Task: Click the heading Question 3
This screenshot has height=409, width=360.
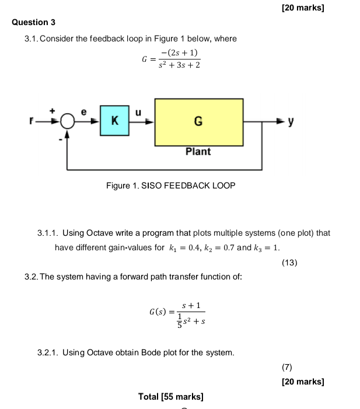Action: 33,22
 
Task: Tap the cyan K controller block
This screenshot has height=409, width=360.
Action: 114,121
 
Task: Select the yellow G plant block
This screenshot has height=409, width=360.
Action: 198,121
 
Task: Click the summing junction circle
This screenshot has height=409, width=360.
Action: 68,122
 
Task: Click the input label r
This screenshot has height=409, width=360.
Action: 34,122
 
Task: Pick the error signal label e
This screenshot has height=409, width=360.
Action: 83,111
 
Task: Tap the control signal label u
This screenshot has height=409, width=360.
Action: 139,111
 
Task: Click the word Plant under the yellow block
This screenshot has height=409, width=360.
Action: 198,152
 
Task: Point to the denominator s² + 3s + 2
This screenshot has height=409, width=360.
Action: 179,65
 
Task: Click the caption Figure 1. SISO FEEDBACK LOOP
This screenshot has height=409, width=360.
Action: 170,186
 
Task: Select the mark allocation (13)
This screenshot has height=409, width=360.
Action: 289,263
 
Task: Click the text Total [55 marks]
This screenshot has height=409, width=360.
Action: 171,397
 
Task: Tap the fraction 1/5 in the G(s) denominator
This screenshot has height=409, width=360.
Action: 179,320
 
